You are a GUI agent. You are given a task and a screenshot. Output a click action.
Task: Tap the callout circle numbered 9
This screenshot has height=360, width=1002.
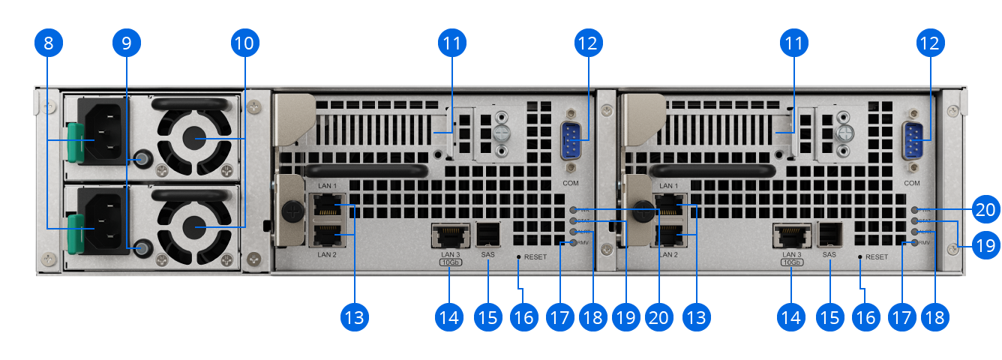click(x=127, y=43)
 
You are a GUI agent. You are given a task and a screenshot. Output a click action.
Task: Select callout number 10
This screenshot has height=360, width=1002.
click(x=244, y=43)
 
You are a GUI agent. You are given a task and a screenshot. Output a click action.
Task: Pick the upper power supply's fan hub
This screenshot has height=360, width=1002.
click(x=196, y=139)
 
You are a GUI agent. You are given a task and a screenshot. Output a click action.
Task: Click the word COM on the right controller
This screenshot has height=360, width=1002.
click(x=912, y=183)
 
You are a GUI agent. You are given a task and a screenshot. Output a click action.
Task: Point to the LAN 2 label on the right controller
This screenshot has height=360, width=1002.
click(x=668, y=255)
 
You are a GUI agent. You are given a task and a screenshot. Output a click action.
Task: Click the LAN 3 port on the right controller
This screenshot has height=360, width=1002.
click(x=790, y=236)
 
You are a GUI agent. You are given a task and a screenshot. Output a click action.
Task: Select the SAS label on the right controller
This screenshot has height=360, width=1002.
click(x=829, y=255)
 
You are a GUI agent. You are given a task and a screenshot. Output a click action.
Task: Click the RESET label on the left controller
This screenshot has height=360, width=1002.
click(x=535, y=256)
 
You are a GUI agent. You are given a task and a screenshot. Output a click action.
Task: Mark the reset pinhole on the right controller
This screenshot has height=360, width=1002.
click(x=860, y=256)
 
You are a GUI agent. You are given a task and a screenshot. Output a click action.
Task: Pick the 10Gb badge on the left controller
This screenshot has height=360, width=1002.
click(x=450, y=263)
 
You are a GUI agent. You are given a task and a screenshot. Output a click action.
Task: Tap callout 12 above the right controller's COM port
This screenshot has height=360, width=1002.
click(x=929, y=43)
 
